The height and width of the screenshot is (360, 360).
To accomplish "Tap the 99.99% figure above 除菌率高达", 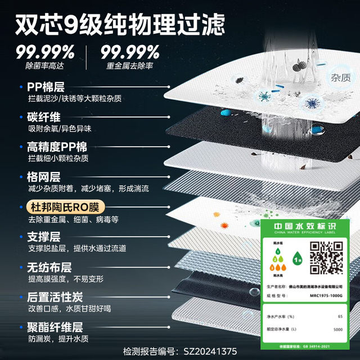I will [44, 53].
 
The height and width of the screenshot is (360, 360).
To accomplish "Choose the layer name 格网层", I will [44, 177].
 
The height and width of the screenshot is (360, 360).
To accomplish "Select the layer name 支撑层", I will [44, 237].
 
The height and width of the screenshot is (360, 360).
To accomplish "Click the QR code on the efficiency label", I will [327, 255].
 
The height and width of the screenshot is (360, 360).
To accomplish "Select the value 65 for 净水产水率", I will [340, 317].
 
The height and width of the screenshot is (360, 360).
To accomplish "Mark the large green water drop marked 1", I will [296, 259].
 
